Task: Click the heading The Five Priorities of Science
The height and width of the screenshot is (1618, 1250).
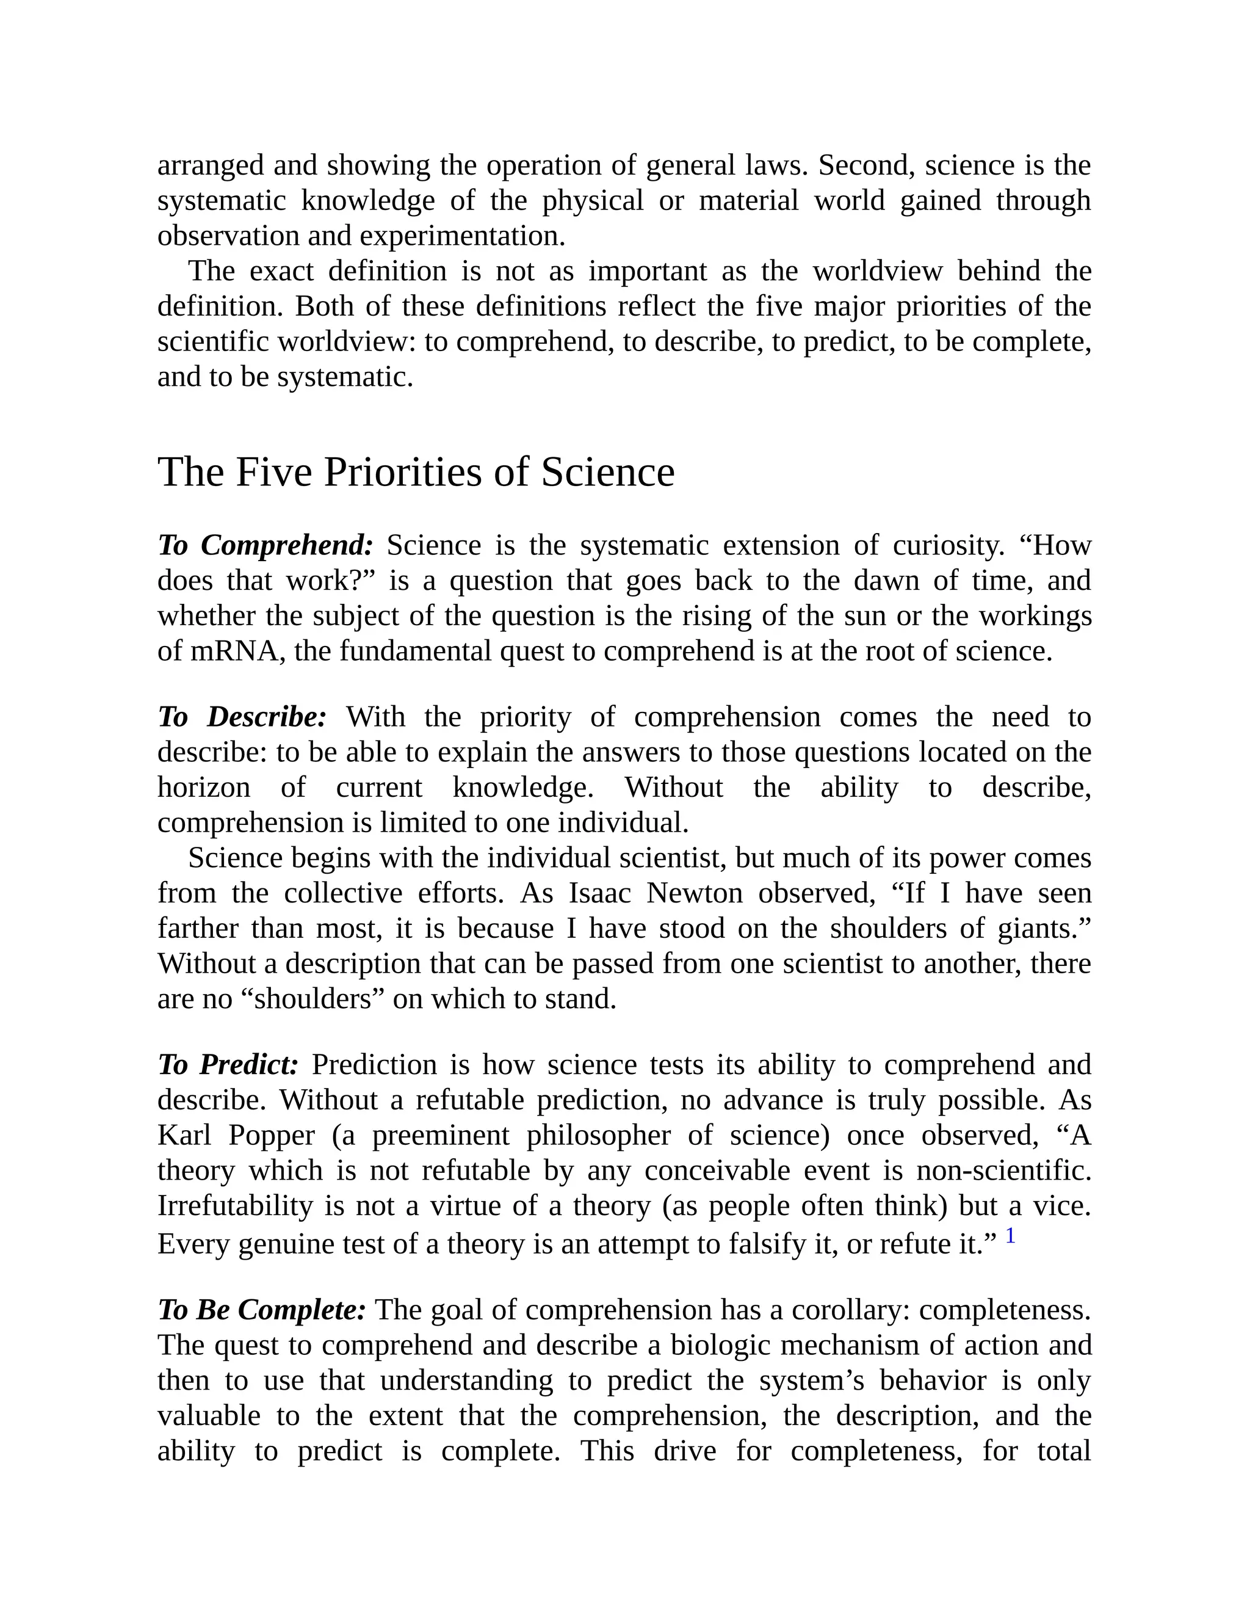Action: pyautogui.click(x=416, y=472)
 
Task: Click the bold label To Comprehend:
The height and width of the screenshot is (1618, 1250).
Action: pyautogui.click(x=265, y=545)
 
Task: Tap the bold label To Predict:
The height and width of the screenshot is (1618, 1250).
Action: pyautogui.click(x=228, y=1065)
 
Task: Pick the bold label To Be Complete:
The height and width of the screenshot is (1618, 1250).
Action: pyautogui.click(x=261, y=1310)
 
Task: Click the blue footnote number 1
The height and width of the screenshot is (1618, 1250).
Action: pyautogui.click(x=1010, y=1236)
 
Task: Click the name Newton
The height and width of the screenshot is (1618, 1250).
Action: pyautogui.click(x=694, y=893)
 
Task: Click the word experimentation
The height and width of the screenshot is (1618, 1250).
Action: pyautogui.click(x=462, y=236)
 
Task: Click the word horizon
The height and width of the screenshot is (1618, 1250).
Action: pyautogui.click(x=204, y=787)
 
